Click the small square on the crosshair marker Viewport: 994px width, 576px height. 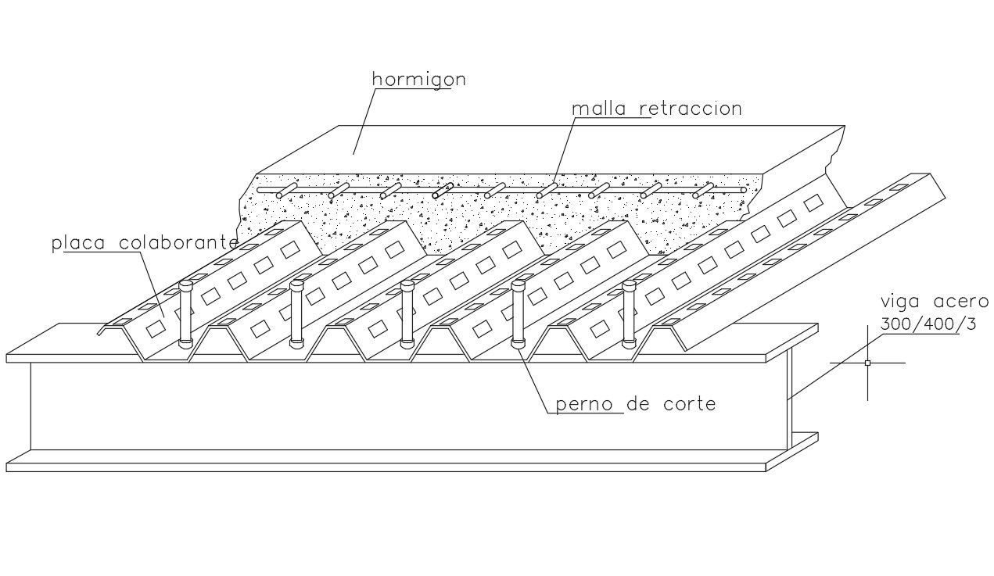(867, 363)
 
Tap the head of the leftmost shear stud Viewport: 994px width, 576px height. (185, 285)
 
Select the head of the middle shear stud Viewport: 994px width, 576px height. (407, 286)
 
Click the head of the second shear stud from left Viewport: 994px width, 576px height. (296, 285)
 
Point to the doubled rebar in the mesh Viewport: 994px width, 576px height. (442, 191)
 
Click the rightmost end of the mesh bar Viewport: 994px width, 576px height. (743, 190)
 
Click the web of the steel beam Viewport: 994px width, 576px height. (391, 406)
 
